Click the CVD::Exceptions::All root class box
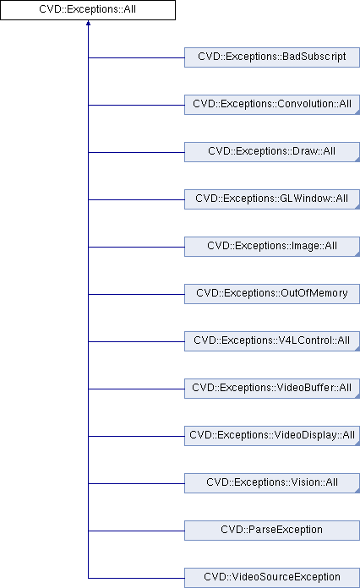tap(88, 10)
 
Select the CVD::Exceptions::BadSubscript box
tap(272, 57)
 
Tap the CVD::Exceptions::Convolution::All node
tap(272, 105)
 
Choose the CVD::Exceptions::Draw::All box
tap(272, 152)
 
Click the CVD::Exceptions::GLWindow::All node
tap(272, 199)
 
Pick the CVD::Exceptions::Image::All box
tap(272, 247)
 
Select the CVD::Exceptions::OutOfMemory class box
tap(272, 294)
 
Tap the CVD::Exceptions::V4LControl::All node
tap(272, 340)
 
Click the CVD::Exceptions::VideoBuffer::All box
tap(272, 388)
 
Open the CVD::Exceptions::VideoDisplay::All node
tap(272, 435)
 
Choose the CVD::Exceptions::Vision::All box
tap(272, 482)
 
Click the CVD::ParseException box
tap(272, 530)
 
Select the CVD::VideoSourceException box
tap(272, 578)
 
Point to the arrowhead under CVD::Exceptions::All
tap(88, 23)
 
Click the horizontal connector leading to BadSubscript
tap(137, 57)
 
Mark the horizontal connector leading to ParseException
tap(137, 531)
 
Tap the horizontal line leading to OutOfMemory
tap(137, 294)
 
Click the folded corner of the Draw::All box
tap(357, 160)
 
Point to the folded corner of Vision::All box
tap(357, 490)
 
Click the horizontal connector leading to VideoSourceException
tap(137, 578)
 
